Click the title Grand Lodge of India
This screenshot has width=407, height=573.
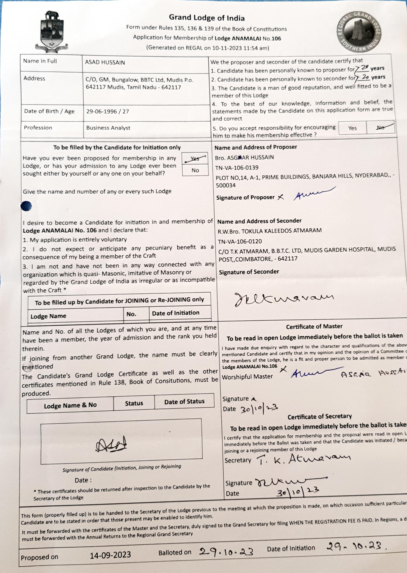(x=207, y=18)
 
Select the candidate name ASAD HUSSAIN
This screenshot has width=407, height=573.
(x=105, y=62)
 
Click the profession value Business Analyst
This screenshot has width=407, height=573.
(x=108, y=128)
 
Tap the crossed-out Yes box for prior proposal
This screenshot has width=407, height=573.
(x=195, y=158)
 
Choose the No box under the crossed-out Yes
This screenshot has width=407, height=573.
(x=195, y=171)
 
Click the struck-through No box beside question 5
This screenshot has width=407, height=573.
(x=380, y=128)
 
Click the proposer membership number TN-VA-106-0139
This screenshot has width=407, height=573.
(x=236, y=168)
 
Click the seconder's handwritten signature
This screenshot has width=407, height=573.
(x=283, y=299)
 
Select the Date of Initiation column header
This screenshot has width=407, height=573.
(x=175, y=313)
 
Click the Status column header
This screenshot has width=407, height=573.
(x=134, y=403)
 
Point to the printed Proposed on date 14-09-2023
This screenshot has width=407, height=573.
(x=110, y=555)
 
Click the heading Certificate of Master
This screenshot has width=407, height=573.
(x=314, y=326)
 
